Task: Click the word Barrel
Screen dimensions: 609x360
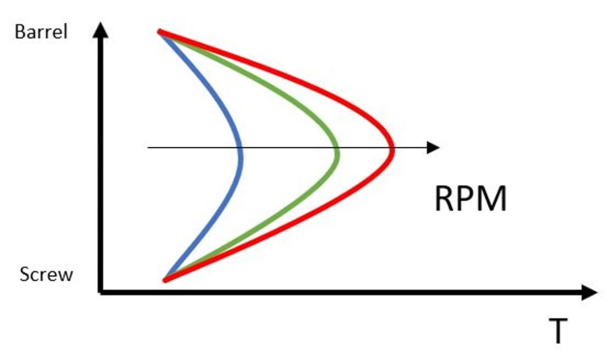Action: [x=41, y=32]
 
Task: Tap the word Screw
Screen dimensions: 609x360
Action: [x=46, y=274]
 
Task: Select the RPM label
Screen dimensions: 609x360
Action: [x=471, y=199]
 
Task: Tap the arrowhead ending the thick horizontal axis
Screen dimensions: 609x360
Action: [x=589, y=292]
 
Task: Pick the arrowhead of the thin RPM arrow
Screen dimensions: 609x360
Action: [x=433, y=148]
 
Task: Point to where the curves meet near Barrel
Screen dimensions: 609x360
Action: [x=160, y=32]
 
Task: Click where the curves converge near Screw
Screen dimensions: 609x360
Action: [x=165, y=280]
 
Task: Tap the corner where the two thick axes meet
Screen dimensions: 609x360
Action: [x=100, y=292]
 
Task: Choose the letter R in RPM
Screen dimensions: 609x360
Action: [x=445, y=199]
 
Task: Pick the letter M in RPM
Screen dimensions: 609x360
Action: [x=493, y=199]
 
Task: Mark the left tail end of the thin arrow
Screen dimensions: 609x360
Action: [x=148, y=148]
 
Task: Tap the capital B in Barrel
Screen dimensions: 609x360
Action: [x=20, y=32]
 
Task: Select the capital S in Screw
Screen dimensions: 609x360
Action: [x=25, y=274]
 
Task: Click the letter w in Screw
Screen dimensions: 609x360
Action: [x=66, y=276]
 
